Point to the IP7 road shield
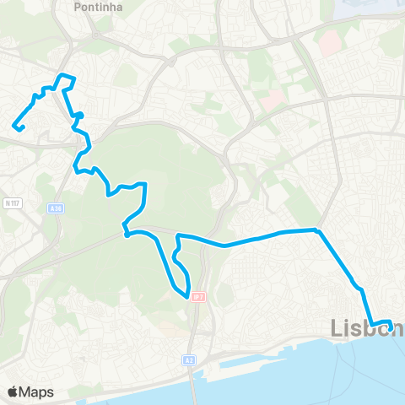tap(197, 298)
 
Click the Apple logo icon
tap(13, 391)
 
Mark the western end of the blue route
tap(14, 127)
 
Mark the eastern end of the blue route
tap(391, 321)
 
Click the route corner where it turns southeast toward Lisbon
tap(316, 229)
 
